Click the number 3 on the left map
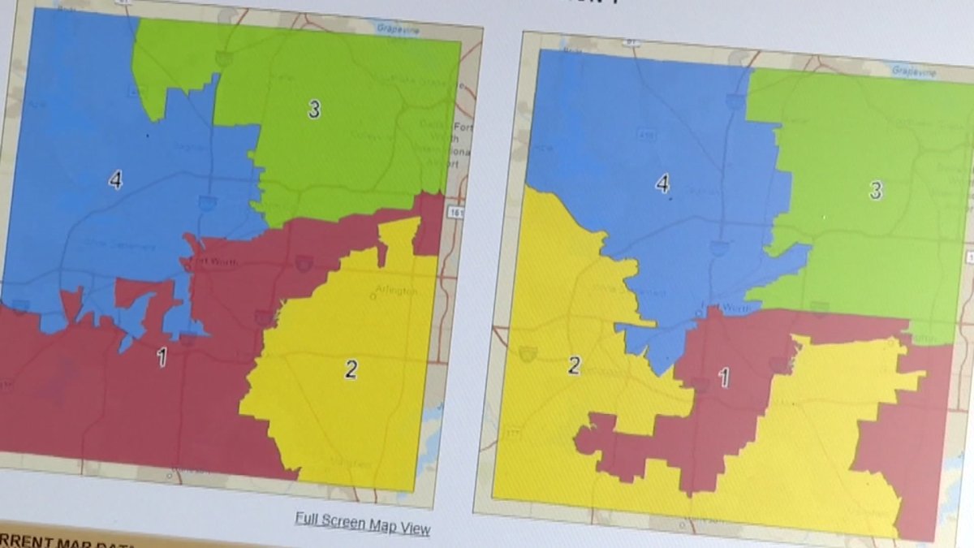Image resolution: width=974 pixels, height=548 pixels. click(x=313, y=109)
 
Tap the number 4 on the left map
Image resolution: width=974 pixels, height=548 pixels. click(x=115, y=179)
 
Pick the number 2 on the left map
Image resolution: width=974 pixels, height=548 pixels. click(x=351, y=369)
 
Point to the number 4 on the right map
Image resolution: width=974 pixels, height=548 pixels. click(x=662, y=185)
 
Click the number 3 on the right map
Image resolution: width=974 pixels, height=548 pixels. click(x=876, y=191)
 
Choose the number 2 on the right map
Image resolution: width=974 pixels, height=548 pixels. click(x=574, y=365)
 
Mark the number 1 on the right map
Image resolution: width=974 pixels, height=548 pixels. click(x=724, y=377)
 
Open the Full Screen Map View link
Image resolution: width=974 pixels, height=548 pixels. click(x=362, y=524)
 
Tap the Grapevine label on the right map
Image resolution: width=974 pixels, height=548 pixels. click(x=915, y=71)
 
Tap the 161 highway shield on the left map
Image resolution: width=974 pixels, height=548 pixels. click(x=459, y=212)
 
